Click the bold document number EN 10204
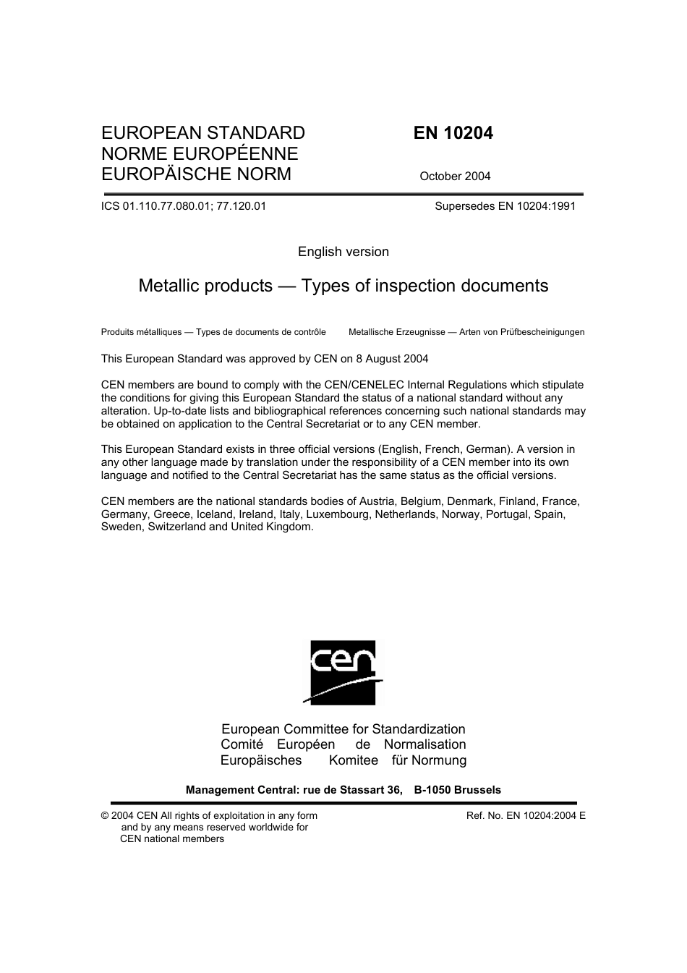pyautogui.click(x=453, y=133)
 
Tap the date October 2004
pyautogui.click(x=455, y=176)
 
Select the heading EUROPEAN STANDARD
pyautogui.click(x=203, y=133)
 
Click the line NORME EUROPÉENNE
pyautogui.click(x=200, y=153)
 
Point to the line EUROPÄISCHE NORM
pyautogui.click(x=197, y=174)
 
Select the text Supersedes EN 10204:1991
pyautogui.click(x=505, y=206)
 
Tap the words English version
pyautogui.click(x=343, y=252)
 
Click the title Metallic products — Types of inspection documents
pyautogui.click(x=343, y=286)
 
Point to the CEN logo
pyautogui.click(x=343, y=672)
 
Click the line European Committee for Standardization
pyautogui.click(x=343, y=729)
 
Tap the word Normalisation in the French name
pyautogui.click(x=424, y=744)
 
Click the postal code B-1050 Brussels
pyautogui.click(x=457, y=790)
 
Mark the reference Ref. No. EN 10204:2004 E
pyautogui.click(x=526, y=816)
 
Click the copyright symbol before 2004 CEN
pyautogui.click(x=105, y=816)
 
